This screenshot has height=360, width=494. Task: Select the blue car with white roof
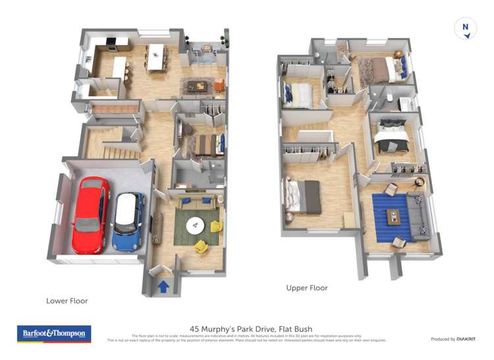click(127, 220)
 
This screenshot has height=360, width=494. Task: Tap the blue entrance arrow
click(162, 286)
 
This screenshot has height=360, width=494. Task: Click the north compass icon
click(466, 28)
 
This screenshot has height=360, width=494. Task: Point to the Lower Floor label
click(67, 301)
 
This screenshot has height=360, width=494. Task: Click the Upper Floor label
click(306, 288)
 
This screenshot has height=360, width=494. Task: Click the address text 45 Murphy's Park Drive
click(251, 328)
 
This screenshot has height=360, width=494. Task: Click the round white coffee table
click(195, 226)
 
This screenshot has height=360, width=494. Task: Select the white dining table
click(155, 56)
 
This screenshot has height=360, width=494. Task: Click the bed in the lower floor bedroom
click(204, 144)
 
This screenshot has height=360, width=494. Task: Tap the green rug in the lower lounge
click(196, 227)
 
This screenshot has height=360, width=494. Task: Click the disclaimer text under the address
click(246, 338)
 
